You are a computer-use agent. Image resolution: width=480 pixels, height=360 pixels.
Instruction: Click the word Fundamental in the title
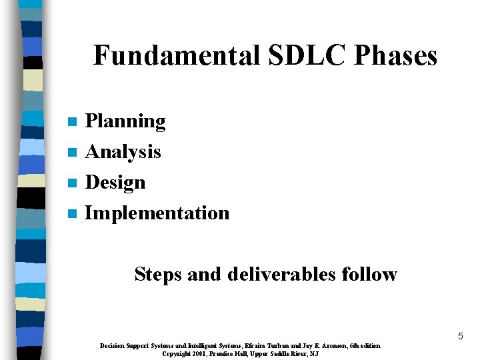(177, 55)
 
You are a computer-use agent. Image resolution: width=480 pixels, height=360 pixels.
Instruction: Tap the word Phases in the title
(395, 55)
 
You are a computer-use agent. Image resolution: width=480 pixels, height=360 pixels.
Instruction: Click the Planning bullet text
(125, 121)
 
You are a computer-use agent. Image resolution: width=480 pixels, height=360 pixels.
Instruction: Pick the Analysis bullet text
(123, 152)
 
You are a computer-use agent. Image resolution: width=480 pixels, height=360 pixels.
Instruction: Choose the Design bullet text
(115, 182)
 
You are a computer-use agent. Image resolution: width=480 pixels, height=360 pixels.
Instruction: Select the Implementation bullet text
(157, 213)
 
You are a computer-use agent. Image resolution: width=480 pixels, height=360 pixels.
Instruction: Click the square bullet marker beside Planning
(73, 122)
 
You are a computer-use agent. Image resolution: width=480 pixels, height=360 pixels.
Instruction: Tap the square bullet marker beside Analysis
(73, 153)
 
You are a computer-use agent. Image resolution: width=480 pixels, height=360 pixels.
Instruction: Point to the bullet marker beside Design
(73, 183)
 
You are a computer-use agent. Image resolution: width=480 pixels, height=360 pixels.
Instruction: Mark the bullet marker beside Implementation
(73, 214)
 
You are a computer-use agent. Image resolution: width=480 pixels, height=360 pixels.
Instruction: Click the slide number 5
(460, 337)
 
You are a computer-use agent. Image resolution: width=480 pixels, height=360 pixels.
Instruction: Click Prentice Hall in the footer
(225, 353)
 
